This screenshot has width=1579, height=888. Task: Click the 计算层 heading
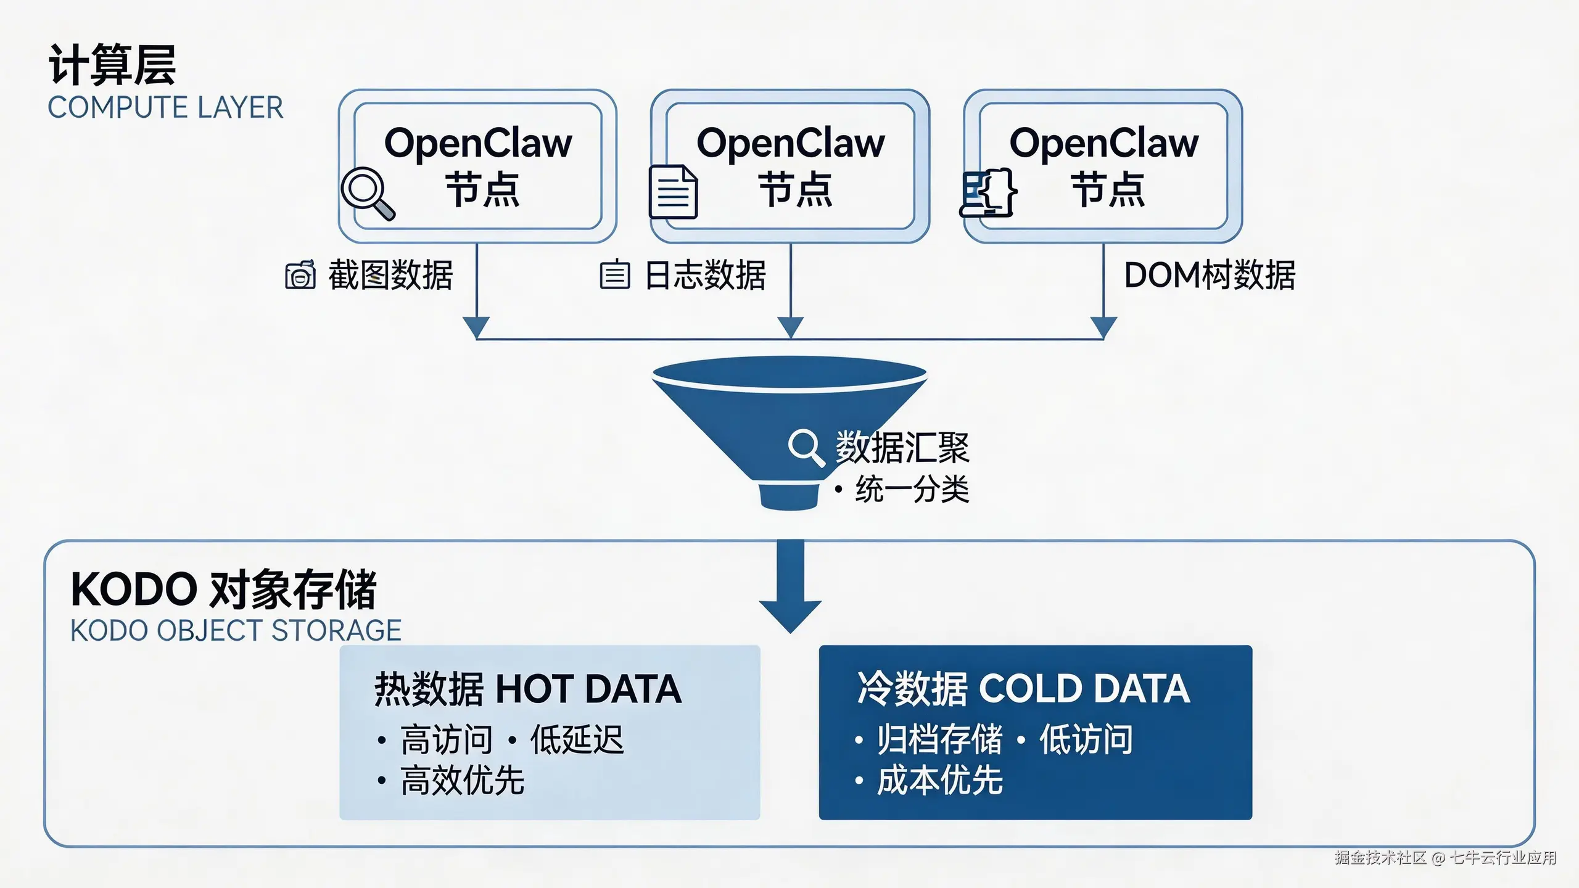(x=112, y=65)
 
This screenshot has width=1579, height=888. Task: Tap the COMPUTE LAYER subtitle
(x=165, y=108)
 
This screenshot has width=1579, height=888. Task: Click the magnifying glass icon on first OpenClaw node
(x=368, y=193)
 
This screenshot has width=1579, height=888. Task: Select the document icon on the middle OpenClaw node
(x=673, y=192)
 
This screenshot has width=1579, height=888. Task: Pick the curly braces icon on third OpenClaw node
(x=989, y=192)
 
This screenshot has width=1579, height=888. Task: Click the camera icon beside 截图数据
(x=300, y=275)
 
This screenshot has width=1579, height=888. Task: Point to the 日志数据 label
(x=704, y=275)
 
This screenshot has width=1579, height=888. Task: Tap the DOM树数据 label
(x=1209, y=275)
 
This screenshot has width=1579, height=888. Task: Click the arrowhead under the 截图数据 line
(x=476, y=327)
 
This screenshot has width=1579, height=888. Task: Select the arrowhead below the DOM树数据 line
(x=1103, y=327)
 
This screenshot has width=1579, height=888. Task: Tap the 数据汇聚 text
(x=902, y=447)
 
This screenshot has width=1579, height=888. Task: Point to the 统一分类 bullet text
(x=912, y=490)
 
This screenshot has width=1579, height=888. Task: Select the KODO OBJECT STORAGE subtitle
(x=236, y=631)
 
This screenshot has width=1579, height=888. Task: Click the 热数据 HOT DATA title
(x=528, y=689)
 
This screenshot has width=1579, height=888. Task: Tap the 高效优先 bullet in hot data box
(x=462, y=780)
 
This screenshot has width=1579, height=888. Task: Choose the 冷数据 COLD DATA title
(x=1023, y=689)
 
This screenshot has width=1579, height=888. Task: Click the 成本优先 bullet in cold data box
(x=939, y=780)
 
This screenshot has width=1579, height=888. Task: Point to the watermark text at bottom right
(x=1445, y=858)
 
